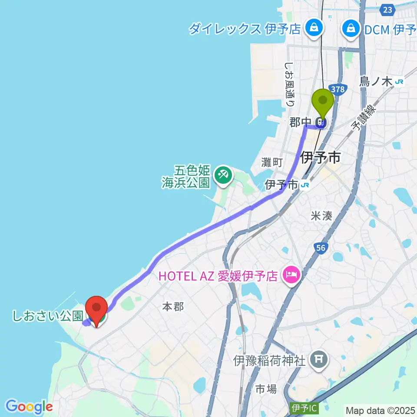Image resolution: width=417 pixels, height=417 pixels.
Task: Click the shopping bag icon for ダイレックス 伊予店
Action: coord(312,29)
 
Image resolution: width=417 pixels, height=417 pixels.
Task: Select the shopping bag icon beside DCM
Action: coord(350,29)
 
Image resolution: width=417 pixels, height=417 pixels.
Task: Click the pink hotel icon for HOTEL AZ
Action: coord(290,275)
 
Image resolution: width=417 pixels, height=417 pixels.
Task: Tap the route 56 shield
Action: coord(320,247)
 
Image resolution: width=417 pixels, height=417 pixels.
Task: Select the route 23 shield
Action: coord(388,10)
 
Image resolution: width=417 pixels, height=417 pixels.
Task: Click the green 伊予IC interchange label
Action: coord(302,408)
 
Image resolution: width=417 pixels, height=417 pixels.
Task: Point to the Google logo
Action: coord(29,407)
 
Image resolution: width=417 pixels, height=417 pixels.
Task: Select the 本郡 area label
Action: coord(173,307)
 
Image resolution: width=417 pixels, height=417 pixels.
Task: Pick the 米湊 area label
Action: coord(321,216)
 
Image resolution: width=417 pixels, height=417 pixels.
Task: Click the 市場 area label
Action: coord(265,389)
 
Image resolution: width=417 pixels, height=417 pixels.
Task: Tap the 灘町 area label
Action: coord(272,162)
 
